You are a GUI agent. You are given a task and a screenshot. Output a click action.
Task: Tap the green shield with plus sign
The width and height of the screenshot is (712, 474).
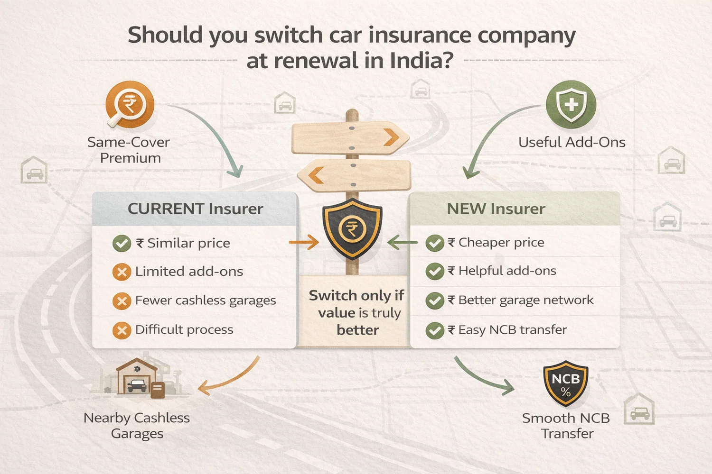(571, 105)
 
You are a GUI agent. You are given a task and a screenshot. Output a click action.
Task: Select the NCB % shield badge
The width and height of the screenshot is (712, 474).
(566, 383)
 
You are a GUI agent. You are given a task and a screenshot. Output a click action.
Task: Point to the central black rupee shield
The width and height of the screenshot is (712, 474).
(352, 229)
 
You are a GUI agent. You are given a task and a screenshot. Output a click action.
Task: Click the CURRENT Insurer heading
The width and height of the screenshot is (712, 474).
(195, 209)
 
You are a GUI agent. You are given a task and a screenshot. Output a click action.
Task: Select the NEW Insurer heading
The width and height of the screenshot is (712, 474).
(496, 209)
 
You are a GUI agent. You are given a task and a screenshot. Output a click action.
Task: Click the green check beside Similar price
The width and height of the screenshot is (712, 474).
(122, 244)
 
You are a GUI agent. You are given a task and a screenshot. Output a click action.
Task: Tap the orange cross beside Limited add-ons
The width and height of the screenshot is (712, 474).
(122, 272)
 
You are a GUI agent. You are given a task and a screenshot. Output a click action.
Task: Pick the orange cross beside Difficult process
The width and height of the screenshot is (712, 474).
(122, 330)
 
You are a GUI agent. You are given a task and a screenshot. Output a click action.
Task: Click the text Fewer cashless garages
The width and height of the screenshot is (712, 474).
(205, 301)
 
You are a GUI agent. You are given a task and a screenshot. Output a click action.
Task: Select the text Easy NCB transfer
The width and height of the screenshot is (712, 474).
(512, 330)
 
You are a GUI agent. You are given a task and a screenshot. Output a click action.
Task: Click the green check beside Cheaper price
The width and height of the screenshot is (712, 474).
(434, 243)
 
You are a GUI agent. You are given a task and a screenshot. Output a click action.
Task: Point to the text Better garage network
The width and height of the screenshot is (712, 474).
(525, 300)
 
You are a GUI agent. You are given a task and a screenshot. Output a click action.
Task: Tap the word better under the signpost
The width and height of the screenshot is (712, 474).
(357, 330)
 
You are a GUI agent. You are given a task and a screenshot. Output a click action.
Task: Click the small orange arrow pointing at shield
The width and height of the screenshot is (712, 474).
(304, 243)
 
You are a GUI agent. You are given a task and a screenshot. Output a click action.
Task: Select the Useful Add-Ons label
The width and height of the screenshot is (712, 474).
(571, 142)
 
